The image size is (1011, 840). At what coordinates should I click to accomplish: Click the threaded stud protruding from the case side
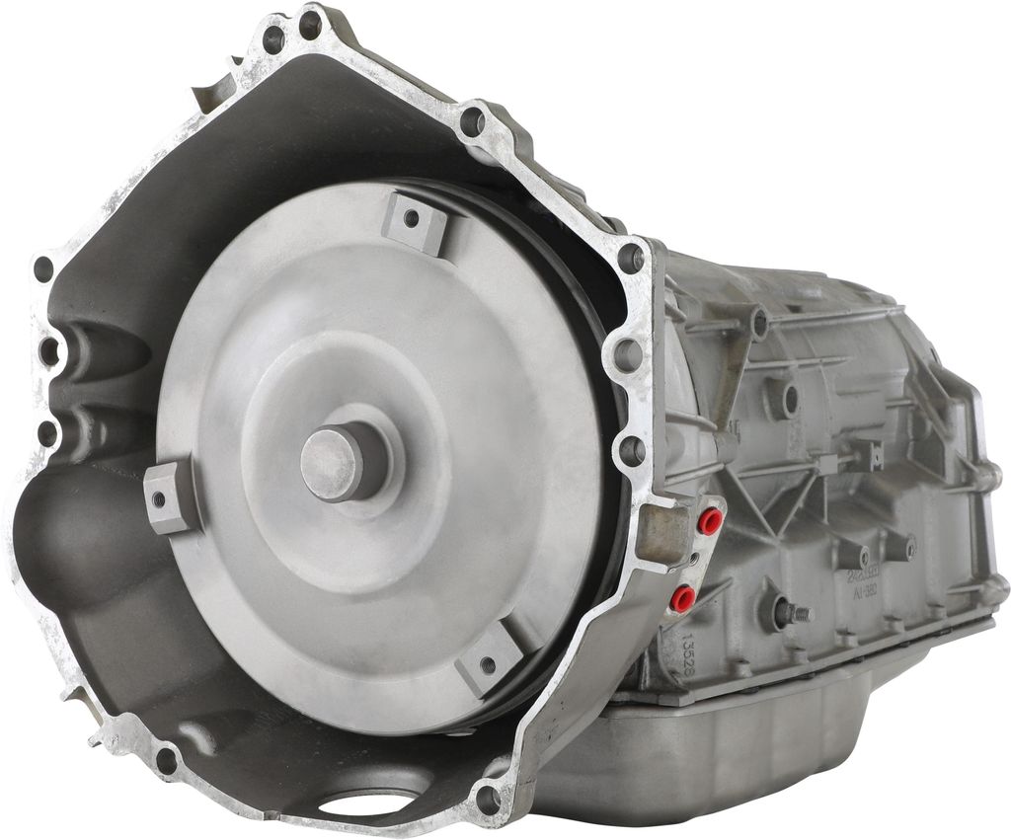pyautogui.click(x=795, y=614)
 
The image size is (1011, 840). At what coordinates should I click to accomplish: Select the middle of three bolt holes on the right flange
pyautogui.click(x=627, y=353)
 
